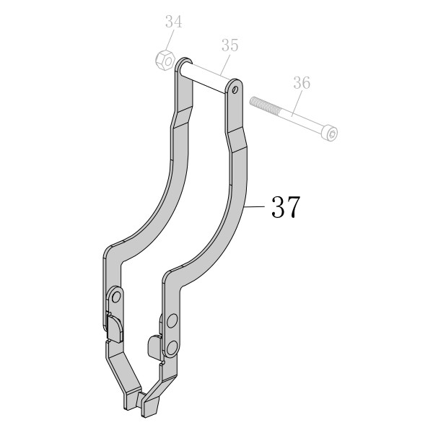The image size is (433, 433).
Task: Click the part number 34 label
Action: click(174, 22)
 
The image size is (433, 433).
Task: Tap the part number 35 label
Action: click(229, 45)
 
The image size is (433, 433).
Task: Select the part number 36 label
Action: click(302, 82)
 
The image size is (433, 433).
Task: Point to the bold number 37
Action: click(286, 207)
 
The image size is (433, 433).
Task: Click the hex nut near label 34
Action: click(165, 60)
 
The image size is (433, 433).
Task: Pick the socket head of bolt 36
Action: click(331, 134)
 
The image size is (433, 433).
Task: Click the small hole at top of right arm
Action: click(235, 89)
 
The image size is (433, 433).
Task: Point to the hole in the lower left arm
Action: click(116, 297)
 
